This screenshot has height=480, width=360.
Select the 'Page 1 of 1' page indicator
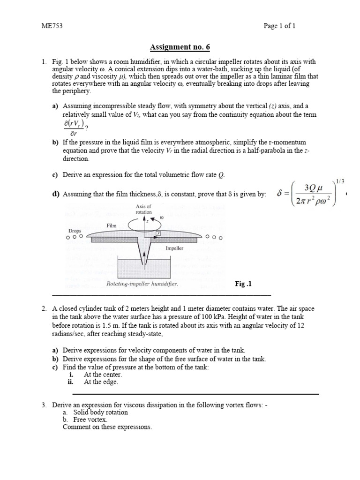[x=279, y=26]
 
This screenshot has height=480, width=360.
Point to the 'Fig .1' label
[x=244, y=284]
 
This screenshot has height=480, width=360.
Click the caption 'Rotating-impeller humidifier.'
[x=142, y=284]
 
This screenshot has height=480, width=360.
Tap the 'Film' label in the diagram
[x=111, y=225]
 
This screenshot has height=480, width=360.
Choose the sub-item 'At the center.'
[x=103, y=375]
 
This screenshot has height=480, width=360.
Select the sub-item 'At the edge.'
[x=101, y=382]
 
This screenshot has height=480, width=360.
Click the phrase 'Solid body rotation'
[x=100, y=412]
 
